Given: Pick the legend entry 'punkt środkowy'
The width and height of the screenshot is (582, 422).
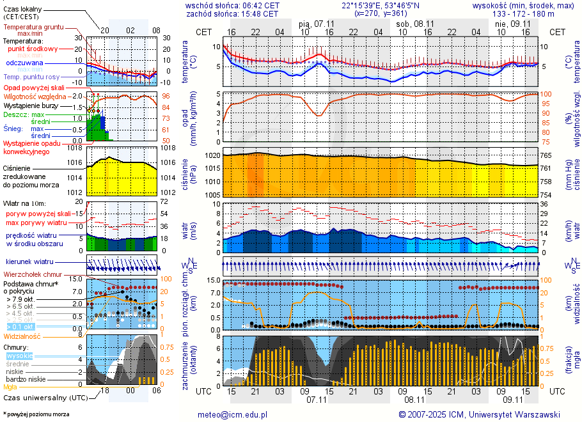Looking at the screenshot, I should point(33,49).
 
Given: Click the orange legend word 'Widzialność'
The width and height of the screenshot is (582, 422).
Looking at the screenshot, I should point(22,336).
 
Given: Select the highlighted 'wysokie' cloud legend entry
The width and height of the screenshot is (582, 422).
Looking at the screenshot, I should point(19,356).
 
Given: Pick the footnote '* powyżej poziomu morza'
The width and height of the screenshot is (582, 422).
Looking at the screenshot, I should point(36,414).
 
